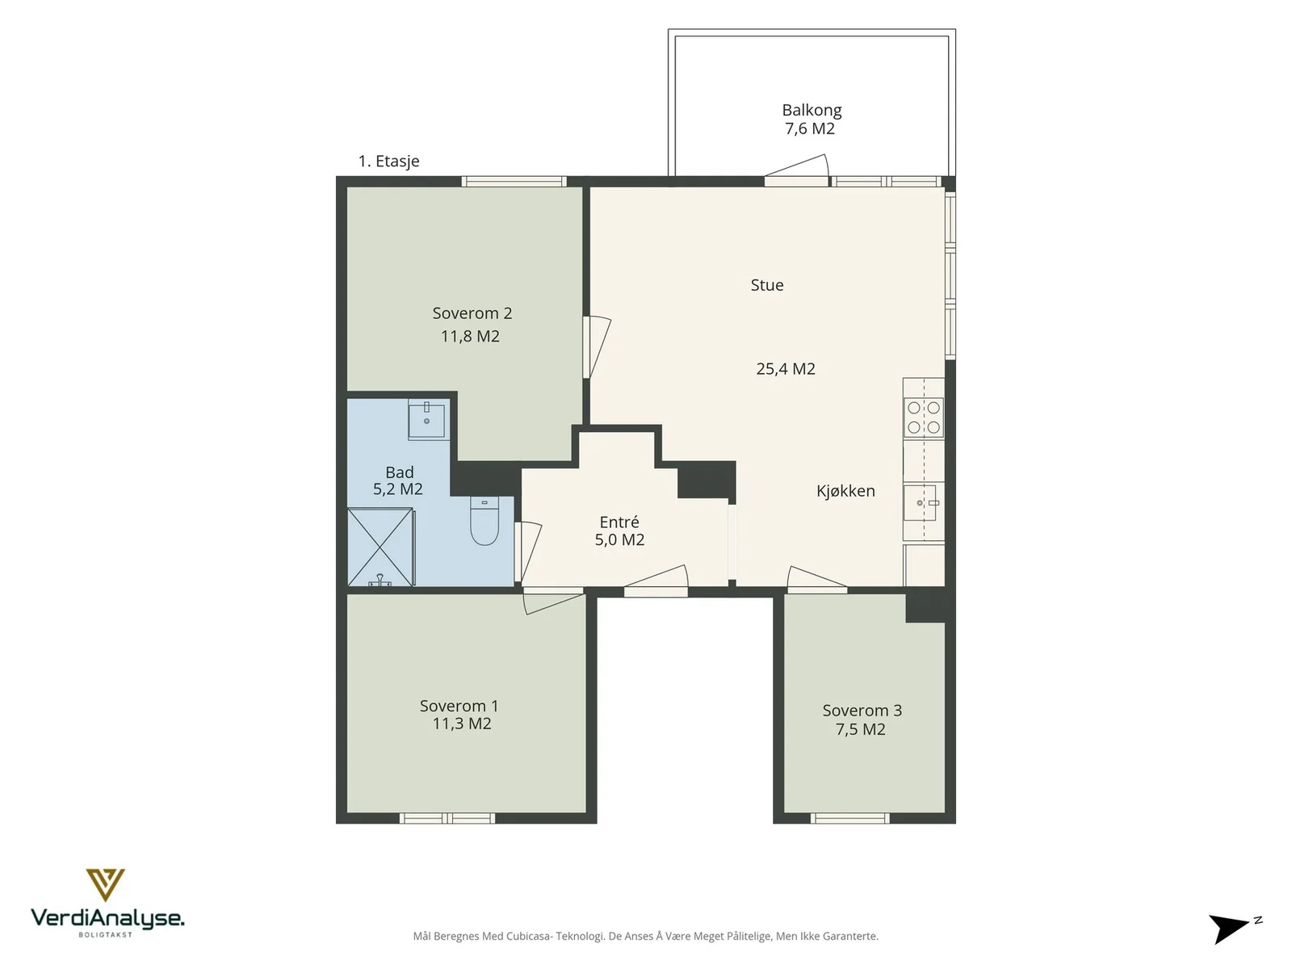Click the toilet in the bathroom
[x=484, y=520]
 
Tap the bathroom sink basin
[x=426, y=419]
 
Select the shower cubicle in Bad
[x=381, y=547]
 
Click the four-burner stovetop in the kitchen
[x=923, y=417]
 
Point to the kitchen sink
[x=921, y=503]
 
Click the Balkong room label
[x=811, y=110]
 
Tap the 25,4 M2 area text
[x=785, y=369]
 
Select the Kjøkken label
[x=845, y=491]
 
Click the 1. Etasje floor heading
[x=388, y=161]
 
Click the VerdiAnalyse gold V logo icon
[x=105, y=885]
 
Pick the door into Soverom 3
[x=816, y=579]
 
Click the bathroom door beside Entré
[x=527, y=552]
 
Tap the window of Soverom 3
[x=849, y=818]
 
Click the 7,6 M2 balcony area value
[x=810, y=128]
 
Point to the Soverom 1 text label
[x=459, y=706]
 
